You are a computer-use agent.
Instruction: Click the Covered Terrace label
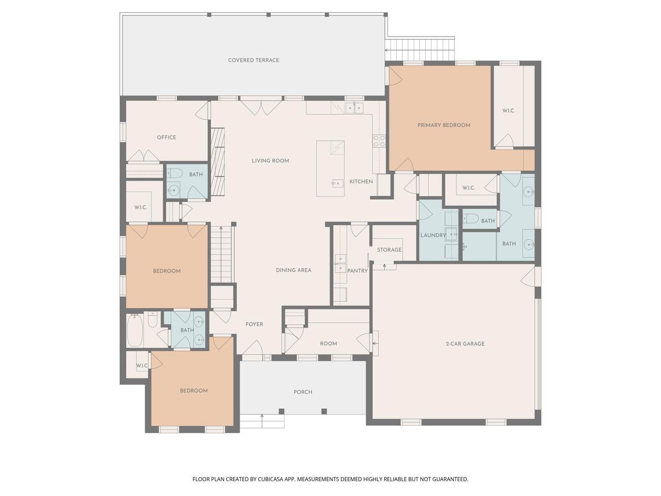[x=253, y=60]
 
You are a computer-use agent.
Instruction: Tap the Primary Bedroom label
[x=444, y=125]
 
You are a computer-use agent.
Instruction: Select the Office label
[x=166, y=137]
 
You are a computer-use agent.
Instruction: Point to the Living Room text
[x=270, y=161]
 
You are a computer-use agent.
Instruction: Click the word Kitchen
[x=361, y=181]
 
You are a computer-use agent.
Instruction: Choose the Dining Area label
[x=293, y=270]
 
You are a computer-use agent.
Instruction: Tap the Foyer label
[x=254, y=324]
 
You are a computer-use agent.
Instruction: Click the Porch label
[x=303, y=392]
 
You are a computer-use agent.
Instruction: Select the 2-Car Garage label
[x=465, y=344]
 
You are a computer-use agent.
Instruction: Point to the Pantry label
[x=357, y=271]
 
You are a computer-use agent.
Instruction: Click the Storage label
[x=389, y=250]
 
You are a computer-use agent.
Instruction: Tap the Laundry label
[x=433, y=235]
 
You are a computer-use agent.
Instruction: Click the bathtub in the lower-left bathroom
[x=135, y=330]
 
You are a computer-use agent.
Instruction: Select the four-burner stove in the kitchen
[x=379, y=141]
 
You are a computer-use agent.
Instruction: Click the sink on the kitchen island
[x=338, y=183]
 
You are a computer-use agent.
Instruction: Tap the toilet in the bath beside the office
[x=175, y=173]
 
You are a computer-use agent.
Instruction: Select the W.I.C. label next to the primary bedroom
[x=508, y=111]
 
